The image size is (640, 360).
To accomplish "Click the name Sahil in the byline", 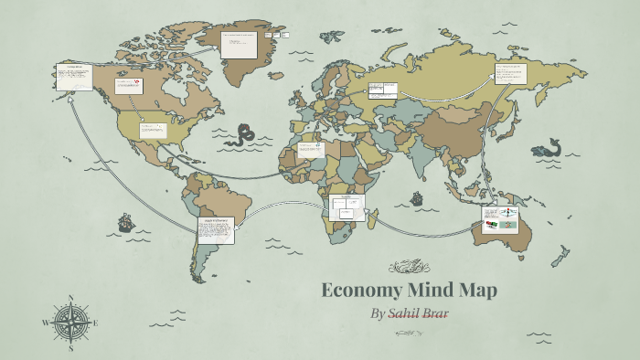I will tap(407, 314).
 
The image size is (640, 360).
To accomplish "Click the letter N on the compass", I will tap(70, 298).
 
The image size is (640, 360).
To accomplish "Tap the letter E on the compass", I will tap(95, 323).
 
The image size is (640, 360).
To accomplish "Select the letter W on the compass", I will tap(45, 323).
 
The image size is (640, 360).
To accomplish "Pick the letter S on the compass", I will tap(70, 348).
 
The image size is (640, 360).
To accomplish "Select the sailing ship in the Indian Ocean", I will tap(417, 197).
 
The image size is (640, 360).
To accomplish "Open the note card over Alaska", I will tap(73, 77).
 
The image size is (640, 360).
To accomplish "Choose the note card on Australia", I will tap(500, 218).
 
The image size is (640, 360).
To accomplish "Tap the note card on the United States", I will tap(153, 129).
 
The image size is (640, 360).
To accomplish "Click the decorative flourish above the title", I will tap(409, 267).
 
